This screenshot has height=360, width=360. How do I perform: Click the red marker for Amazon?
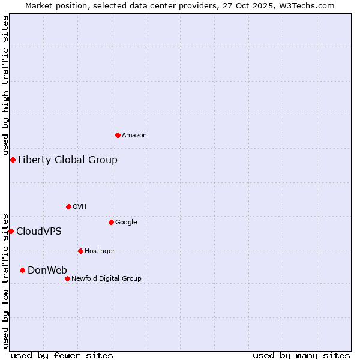click(x=118, y=135)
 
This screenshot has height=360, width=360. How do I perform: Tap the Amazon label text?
click(x=134, y=136)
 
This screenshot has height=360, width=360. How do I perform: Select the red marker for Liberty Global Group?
click(x=13, y=160)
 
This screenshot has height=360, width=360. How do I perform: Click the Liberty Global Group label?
click(x=68, y=160)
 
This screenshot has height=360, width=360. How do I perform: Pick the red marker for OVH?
click(x=68, y=206)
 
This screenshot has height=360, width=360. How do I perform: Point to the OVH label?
click(x=80, y=207)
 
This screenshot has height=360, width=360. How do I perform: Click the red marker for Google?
click(x=111, y=222)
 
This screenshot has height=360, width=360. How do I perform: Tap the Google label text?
click(x=126, y=223)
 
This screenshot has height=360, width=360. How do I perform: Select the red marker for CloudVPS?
click(x=11, y=231)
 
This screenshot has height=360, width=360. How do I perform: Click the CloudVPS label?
click(x=39, y=232)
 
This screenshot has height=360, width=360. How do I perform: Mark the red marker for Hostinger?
click(x=80, y=251)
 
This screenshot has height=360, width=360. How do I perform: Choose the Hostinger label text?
click(x=100, y=251)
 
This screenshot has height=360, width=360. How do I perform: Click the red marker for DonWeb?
click(x=22, y=270)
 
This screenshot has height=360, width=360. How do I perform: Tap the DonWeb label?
click(x=47, y=271)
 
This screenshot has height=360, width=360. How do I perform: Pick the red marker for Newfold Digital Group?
click(x=67, y=278)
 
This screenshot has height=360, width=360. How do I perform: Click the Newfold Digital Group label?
click(x=106, y=279)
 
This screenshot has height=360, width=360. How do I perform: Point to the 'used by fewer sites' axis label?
click(x=62, y=355)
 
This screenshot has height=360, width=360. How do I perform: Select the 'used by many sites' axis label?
click(x=301, y=355)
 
